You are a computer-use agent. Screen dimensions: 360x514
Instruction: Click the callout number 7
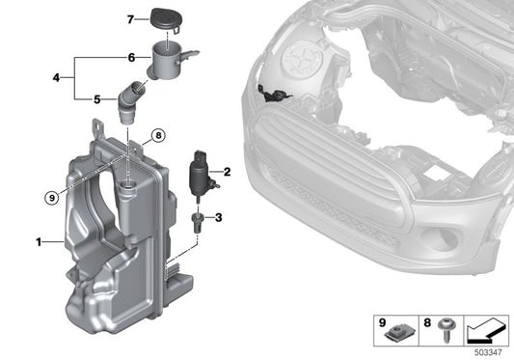pyautogui.click(x=131, y=18)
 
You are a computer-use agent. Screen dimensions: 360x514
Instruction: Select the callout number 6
pyautogui.click(x=131, y=57)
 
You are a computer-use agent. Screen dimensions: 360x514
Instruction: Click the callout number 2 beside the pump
pyautogui.click(x=228, y=171)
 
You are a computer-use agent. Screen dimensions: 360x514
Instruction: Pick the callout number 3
pyautogui.click(x=218, y=218)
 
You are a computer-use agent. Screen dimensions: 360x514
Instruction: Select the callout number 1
pyautogui.click(x=40, y=242)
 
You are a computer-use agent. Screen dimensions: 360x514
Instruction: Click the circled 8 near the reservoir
pyautogui.click(x=158, y=135)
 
